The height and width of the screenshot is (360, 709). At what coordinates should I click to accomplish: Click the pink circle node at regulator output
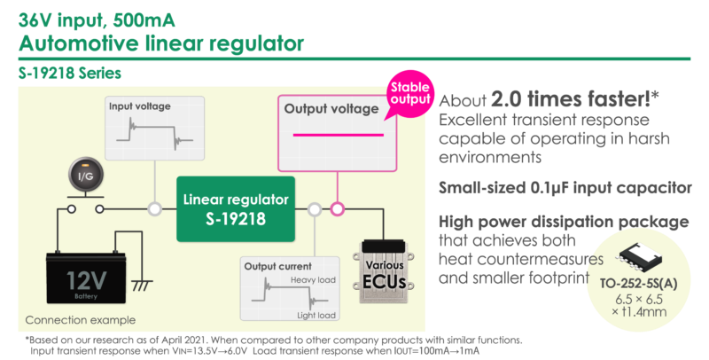point(338,209)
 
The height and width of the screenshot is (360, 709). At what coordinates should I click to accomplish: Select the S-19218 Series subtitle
point(60,71)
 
